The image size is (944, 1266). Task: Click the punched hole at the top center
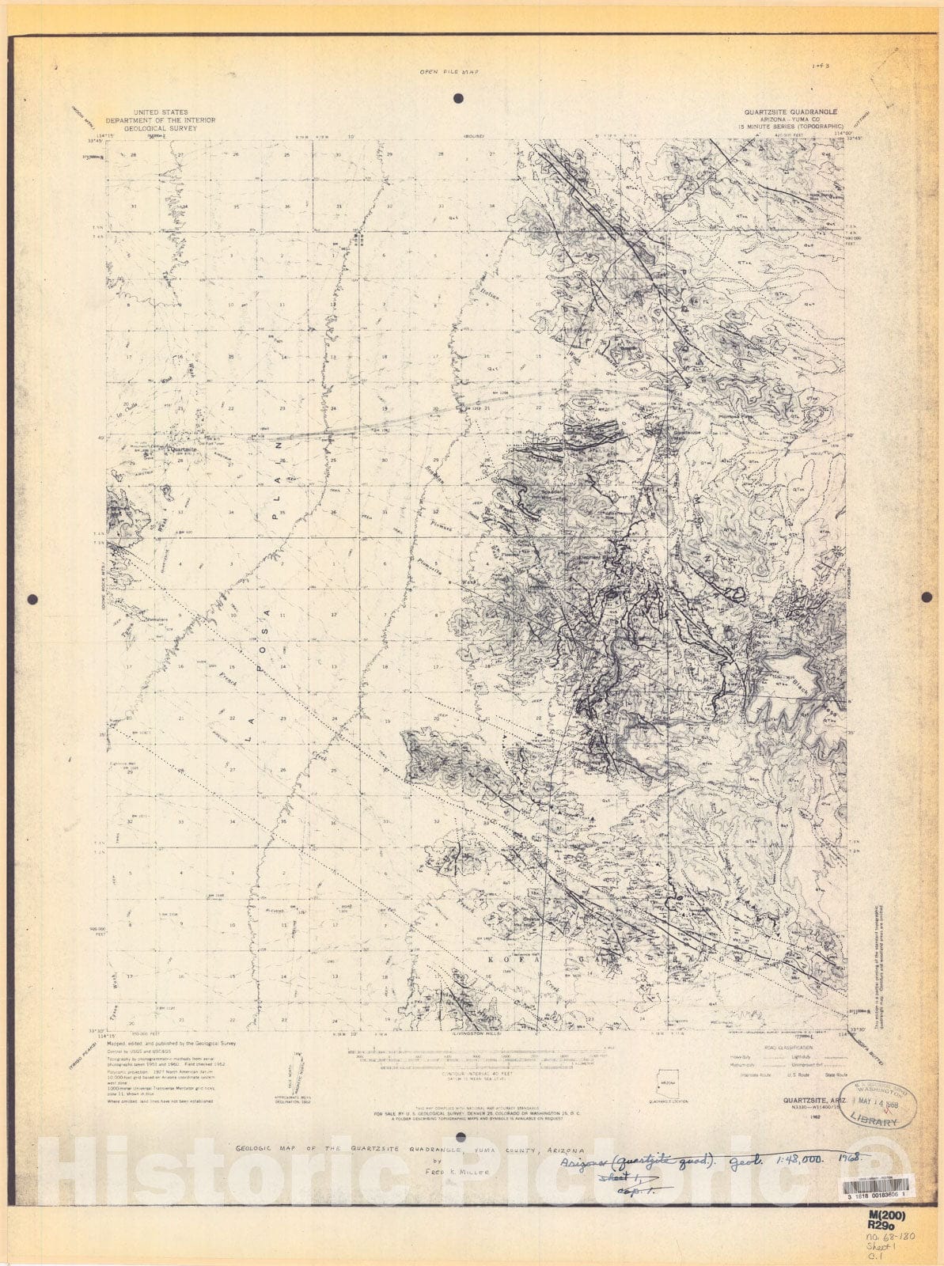pyautogui.click(x=457, y=98)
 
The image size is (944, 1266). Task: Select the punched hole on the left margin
pyautogui.click(x=32, y=599)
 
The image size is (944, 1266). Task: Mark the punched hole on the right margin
pyautogui.click(x=928, y=595)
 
